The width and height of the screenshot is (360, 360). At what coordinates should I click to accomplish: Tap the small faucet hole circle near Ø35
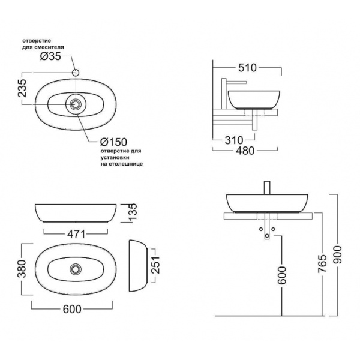point(76,73)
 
